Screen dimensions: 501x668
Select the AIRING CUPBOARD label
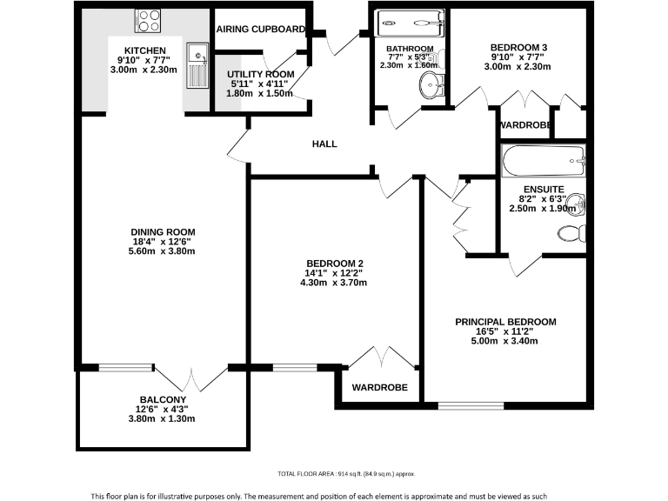coord(260,29)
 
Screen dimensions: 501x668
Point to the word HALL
coord(324,144)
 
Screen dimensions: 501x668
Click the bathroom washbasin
coord(430,84)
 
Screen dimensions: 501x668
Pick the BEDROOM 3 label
coord(518,47)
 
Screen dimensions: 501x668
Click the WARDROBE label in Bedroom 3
coord(525,126)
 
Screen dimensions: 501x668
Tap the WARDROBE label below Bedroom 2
coord(379,387)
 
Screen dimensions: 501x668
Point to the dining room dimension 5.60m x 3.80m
coord(162,251)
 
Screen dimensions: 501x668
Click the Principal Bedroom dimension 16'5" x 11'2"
coord(505,331)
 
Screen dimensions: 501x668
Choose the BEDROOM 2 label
coord(335,264)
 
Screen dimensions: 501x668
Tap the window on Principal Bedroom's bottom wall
coord(471,405)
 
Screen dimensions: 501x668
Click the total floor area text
coord(346,473)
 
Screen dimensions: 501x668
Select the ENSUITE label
coord(544,189)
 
